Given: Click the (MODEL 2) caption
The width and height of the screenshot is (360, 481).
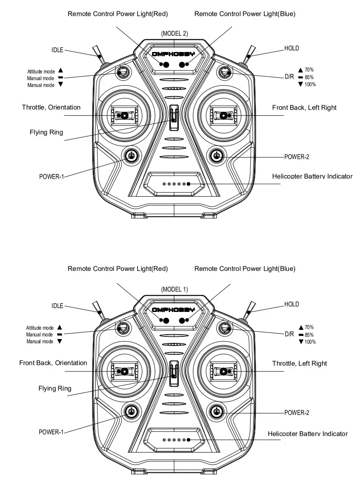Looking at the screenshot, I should [x=174, y=33].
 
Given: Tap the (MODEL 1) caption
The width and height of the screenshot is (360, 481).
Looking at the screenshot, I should [x=174, y=289].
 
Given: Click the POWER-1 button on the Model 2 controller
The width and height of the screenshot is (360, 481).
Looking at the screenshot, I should [x=131, y=155].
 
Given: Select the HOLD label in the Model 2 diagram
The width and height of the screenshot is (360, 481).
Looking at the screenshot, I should [x=291, y=48].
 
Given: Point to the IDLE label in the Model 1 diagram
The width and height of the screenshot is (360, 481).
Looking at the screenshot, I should [x=57, y=306].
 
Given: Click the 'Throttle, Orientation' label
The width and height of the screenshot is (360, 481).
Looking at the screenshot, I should [x=51, y=107].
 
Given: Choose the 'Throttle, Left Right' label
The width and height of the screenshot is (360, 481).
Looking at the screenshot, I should [x=299, y=363].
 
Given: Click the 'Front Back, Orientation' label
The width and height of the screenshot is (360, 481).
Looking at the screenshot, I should [x=53, y=363].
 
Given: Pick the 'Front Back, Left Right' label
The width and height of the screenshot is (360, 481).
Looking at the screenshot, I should [x=304, y=107].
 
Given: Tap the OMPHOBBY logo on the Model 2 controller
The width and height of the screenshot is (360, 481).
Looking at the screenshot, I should [x=173, y=55].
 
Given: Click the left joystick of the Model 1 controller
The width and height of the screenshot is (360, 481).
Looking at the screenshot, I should [x=124, y=371].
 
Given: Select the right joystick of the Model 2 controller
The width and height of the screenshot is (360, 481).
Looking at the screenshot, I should [x=225, y=116].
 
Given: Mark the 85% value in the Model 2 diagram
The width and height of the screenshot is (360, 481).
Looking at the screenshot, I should [x=309, y=77].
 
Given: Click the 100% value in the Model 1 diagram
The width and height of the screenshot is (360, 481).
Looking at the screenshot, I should [x=310, y=342].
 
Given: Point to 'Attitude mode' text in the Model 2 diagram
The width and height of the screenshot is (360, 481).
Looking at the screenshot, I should [x=41, y=71].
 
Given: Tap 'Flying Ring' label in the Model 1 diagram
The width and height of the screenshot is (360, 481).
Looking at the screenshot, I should [x=55, y=388].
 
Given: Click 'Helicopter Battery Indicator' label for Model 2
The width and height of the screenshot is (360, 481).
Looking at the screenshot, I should [x=312, y=176].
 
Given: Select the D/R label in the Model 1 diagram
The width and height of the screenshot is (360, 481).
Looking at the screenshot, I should [x=289, y=334].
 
